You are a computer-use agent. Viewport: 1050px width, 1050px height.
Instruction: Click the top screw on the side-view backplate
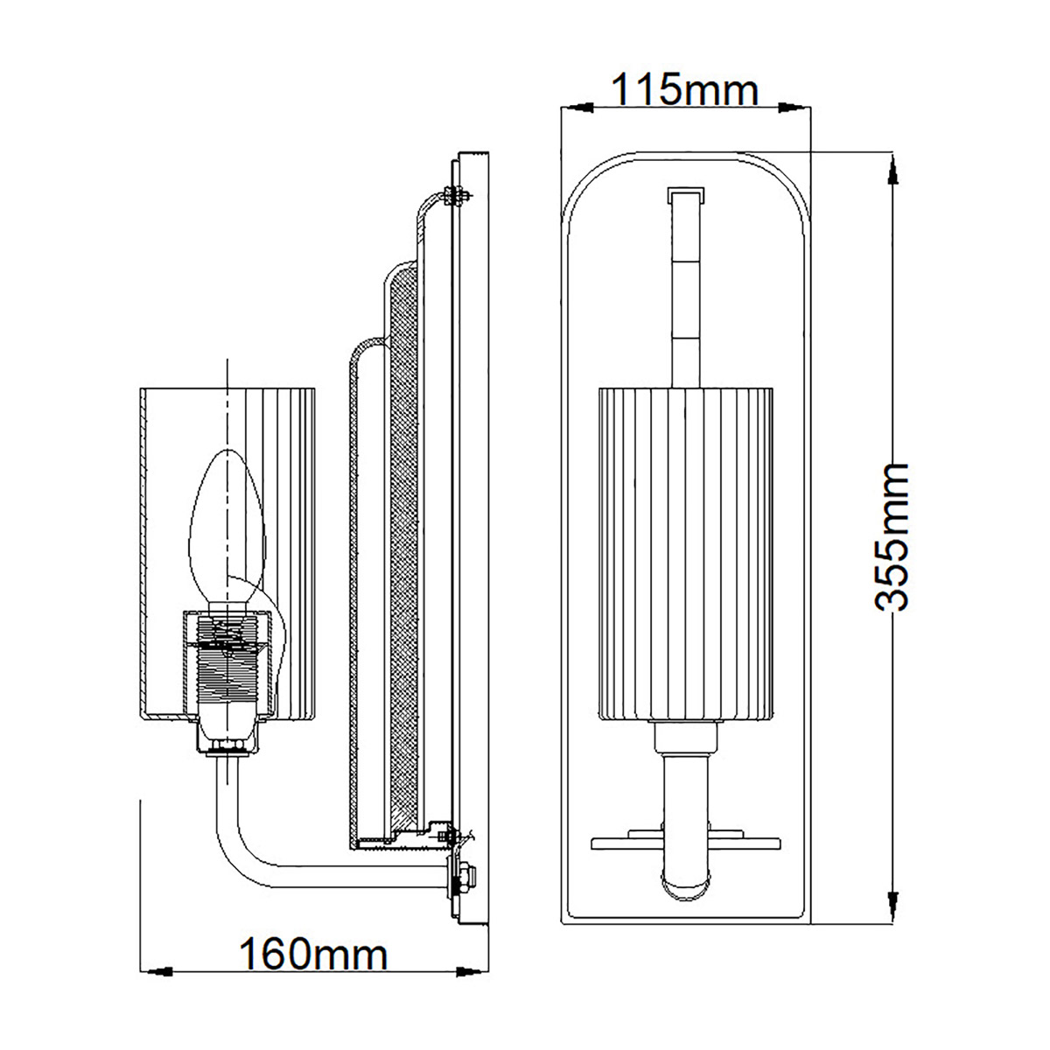click(454, 193)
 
